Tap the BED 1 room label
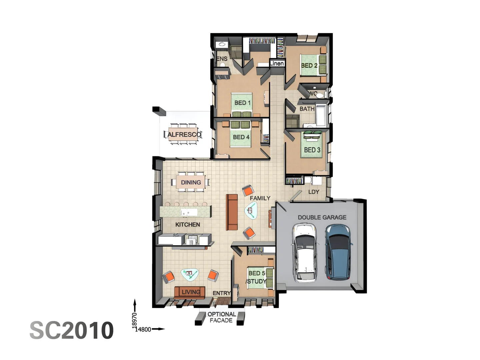[x=242, y=103]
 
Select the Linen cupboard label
[x=277, y=64]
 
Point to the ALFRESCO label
[x=184, y=134]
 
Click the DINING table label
[x=191, y=182]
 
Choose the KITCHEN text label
[x=188, y=224]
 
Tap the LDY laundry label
[x=314, y=192]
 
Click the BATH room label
[x=307, y=109]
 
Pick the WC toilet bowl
[x=320, y=95]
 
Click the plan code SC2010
[x=72, y=330]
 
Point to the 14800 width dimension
[x=143, y=329]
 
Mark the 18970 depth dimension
[x=135, y=320]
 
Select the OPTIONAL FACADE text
[x=222, y=317]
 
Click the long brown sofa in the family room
[x=232, y=212]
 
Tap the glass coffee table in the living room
[x=190, y=274]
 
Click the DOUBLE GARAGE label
[x=322, y=217]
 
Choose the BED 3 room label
[x=312, y=150]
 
